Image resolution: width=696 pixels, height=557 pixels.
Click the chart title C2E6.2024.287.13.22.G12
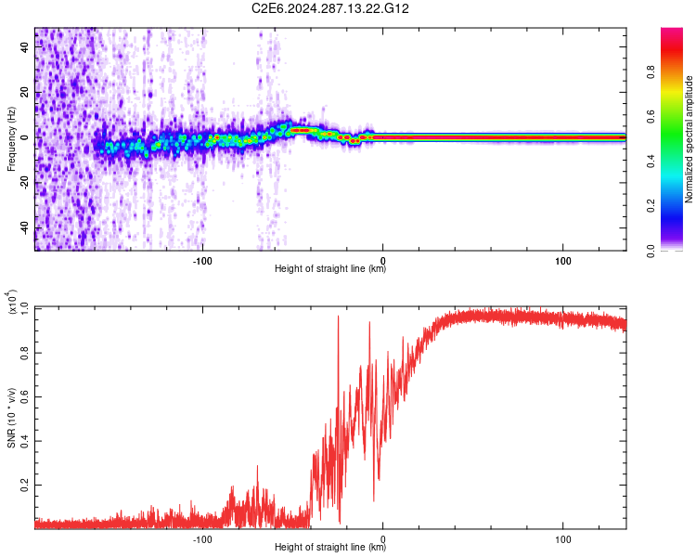tap(330, 8)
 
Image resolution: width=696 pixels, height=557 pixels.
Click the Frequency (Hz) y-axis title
tap(11, 139)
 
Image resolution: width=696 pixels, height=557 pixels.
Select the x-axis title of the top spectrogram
tap(330, 269)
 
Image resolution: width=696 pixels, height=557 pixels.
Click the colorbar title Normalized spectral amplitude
tap(690, 139)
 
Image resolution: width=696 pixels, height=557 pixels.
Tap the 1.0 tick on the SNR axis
tap(24, 308)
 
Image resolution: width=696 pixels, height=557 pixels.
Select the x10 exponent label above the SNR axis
tap(11, 302)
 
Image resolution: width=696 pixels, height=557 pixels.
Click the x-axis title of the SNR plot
tap(330, 548)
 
